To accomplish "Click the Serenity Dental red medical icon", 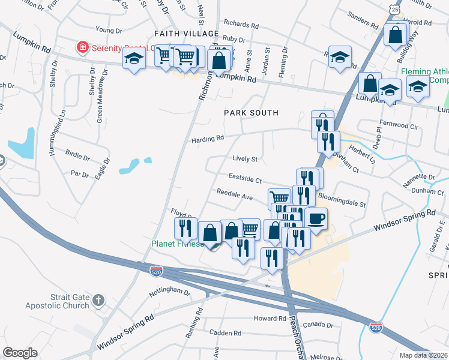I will [x=79, y=47].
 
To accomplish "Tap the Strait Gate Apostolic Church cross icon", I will [x=98, y=299].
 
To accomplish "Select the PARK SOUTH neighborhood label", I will [x=251, y=113].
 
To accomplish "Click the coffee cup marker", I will [x=316, y=218].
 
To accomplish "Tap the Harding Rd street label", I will [x=208, y=139].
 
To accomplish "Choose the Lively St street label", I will [x=245, y=159].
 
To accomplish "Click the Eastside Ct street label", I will [x=246, y=178].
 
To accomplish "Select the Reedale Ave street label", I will [x=235, y=196].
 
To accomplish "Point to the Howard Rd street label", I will [x=270, y=319].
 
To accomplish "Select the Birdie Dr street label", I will [x=77, y=158].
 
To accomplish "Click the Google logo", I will [x=20, y=353].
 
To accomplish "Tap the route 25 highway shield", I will [x=393, y=10].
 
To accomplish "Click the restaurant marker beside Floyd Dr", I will [x=185, y=228].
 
